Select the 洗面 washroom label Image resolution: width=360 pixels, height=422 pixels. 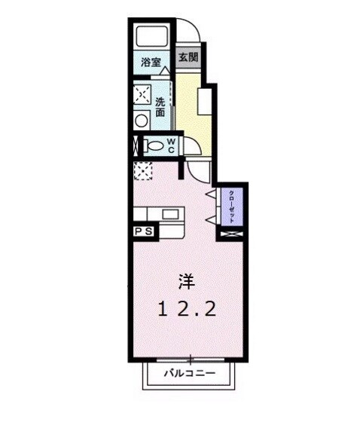point(160,107)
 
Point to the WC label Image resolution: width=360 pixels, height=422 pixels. point(171,145)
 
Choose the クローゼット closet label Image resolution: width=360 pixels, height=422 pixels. point(231,206)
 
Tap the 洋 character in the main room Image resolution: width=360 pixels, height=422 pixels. point(186,282)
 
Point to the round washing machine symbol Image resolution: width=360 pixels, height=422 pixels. point(142,120)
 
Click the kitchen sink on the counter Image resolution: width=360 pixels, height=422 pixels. point(170,214)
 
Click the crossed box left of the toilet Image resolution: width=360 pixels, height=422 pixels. point(136,145)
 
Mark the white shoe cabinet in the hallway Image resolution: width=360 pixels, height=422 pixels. point(203,100)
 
